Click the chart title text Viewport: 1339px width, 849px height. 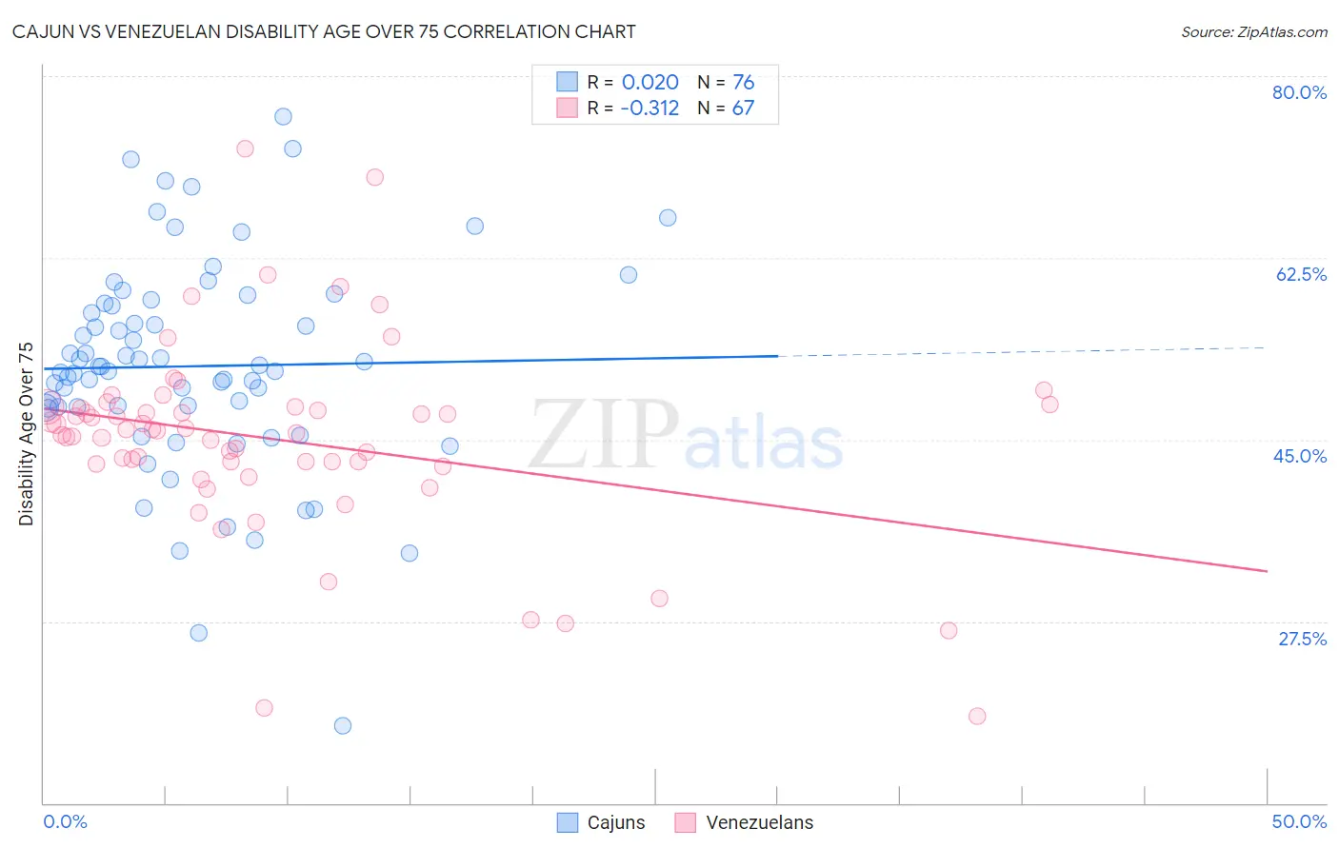tap(324, 31)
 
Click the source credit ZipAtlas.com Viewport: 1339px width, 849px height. tap(1253, 31)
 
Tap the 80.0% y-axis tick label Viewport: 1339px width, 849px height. tap(1299, 92)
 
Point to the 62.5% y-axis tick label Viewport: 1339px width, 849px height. tap(1301, 274)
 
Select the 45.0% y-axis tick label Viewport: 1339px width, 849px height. tap(1300, 456)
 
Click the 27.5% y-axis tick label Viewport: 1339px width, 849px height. tap(1302, 639)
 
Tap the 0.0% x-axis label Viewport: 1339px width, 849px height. tap(65, 821)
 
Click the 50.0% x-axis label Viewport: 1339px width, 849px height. tap(1299, 821)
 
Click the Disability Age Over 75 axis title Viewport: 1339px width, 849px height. tap(26, 433)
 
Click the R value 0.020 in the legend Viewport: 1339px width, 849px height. tap(650, 83)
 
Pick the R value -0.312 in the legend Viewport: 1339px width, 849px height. tap(650, 109)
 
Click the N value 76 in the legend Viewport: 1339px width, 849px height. tap(743, 83)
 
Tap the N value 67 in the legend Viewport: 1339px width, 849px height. tap(743, 109)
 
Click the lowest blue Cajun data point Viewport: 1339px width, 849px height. tap(343, 725)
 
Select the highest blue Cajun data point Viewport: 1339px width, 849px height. tap(283, 116)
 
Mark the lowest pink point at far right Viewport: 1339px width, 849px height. tap(977, 716)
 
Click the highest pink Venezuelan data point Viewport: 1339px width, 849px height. tap(245, 148)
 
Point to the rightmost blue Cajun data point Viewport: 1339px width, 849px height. tap(668, 218)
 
